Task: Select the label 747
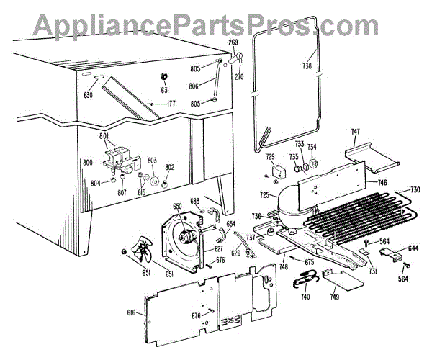click(356, 132)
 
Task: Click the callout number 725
click(265, 196)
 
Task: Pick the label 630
click(89, 94)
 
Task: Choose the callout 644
click(413, 249)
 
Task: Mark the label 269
click(233, 43)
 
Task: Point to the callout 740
click(305, 297)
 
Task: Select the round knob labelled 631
click(164, 76)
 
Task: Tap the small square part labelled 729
click(276, 171)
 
